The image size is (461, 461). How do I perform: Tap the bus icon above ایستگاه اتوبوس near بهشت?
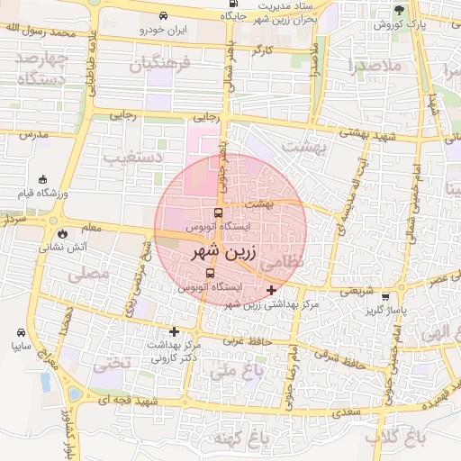click(x=219, y=214)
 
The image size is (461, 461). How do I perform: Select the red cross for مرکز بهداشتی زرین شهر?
click(x=273, y=290)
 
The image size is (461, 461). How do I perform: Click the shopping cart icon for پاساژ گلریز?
click(x=386, y=297)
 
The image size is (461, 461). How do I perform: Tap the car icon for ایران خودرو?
click(x=163, y=16)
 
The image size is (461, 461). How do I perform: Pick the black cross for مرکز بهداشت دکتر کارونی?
click(x=174, y=331)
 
